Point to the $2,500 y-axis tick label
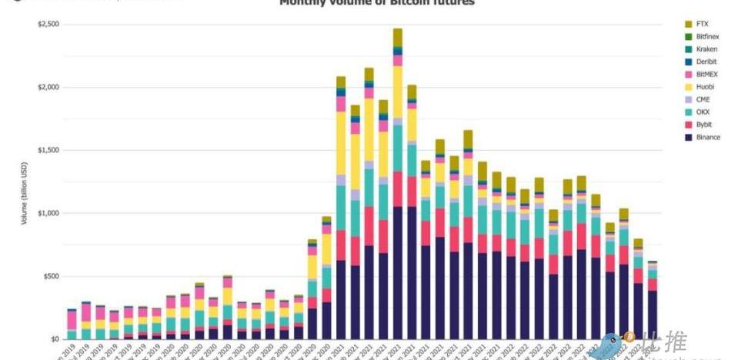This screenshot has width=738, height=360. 48,25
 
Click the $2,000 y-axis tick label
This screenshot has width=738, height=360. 48,88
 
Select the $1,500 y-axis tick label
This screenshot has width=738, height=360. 48,150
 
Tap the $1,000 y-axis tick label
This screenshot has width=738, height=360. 48,213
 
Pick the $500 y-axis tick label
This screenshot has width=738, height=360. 50,276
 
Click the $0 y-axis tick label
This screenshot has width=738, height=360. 54,339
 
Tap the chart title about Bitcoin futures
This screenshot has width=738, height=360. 376,3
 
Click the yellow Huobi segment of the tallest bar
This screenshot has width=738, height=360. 397,92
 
